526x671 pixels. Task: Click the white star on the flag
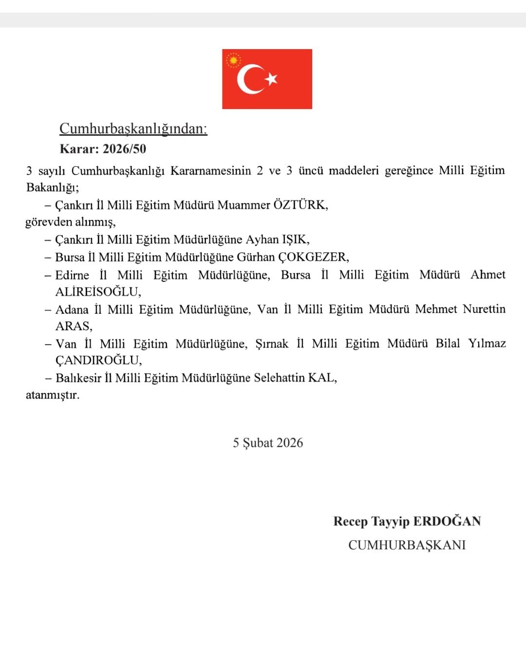pos(272,78)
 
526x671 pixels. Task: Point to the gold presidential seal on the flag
pos(234,60)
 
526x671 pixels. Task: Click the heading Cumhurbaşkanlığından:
pos(133,128)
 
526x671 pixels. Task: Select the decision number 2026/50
pos(124,149)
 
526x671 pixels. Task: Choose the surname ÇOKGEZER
pos(313,257)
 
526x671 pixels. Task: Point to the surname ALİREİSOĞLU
pos(98,292)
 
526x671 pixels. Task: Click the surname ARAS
pos(74,326)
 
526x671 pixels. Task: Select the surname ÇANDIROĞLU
pos(98,361)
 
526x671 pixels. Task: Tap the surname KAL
pos(322,378)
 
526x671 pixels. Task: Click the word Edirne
pos(72,275)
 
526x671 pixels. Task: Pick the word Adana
pos(72,309)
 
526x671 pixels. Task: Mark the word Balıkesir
pos(78,378)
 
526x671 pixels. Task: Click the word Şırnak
pos(272,344)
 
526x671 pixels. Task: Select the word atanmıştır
pos(52,395)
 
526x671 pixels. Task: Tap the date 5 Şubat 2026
pos(267,443)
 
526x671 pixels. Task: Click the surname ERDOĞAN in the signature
pos(447,521)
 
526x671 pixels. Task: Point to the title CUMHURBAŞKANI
pos(407,545)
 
